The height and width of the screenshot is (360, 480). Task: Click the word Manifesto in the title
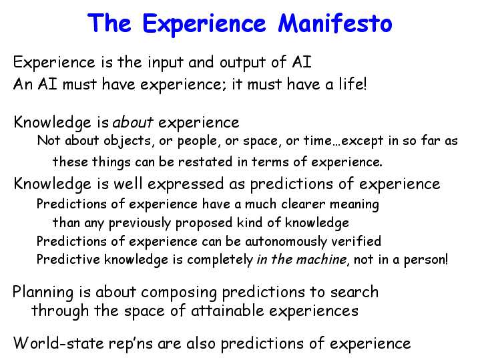tap(335, 23)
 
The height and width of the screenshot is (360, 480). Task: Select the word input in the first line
tap(166, 63)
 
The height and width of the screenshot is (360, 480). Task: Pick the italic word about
tap(133, 122)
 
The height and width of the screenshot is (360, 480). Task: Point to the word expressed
tap(186, 184)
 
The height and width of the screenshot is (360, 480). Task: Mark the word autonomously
tap(286, 241)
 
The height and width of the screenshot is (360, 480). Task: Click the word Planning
tap(43, 293)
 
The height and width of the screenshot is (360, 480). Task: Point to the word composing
tap(179, 293)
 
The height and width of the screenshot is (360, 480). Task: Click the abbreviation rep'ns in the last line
tap(131, 344)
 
